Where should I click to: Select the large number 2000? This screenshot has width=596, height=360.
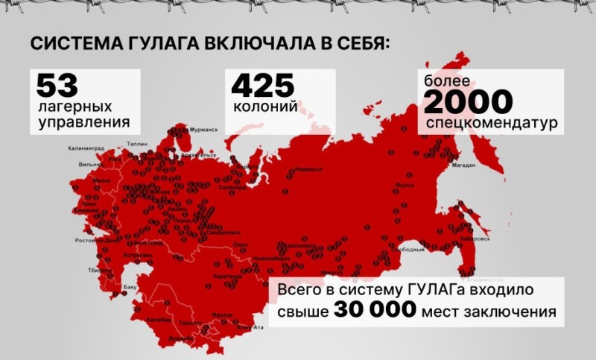[468, 101]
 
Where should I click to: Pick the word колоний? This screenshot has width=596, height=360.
[264, 107]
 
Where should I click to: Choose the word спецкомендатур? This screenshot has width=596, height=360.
[489, 122]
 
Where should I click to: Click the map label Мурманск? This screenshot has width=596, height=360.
[203, 130]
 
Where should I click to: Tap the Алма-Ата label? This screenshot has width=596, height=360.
[250, 326]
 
